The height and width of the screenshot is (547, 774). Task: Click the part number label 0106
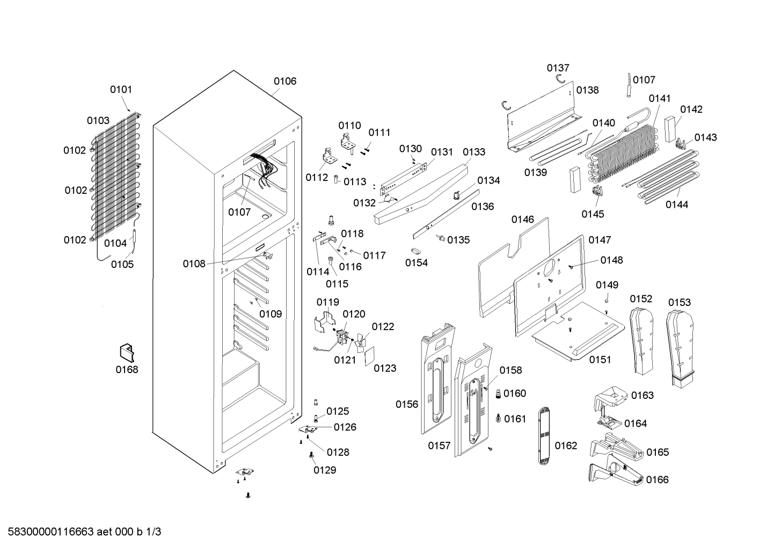tap(285, 81)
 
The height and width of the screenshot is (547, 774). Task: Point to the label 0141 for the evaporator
tap(659, 98)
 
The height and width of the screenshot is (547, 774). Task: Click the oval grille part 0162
tap(544, 436)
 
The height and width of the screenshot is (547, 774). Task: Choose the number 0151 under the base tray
tap(600, 360)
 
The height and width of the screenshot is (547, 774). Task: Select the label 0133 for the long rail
tap(474, 152)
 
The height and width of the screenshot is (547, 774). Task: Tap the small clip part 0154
tap(415, 251)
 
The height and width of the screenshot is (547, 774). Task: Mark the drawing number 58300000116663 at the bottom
tap(51, 531)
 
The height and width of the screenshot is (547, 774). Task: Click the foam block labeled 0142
tap(670, 129)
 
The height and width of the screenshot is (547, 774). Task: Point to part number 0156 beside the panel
tap(407, 404)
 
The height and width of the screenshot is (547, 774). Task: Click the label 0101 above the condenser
tap(121, 90)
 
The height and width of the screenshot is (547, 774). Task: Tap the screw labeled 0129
tap(311, 455)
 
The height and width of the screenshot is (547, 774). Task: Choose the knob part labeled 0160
tap(498, 393)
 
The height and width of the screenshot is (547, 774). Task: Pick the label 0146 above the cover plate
tap(522, 220)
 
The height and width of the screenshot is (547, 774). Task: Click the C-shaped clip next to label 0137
tap(560, 79)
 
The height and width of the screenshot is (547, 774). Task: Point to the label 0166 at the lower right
tap(657, 479)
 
